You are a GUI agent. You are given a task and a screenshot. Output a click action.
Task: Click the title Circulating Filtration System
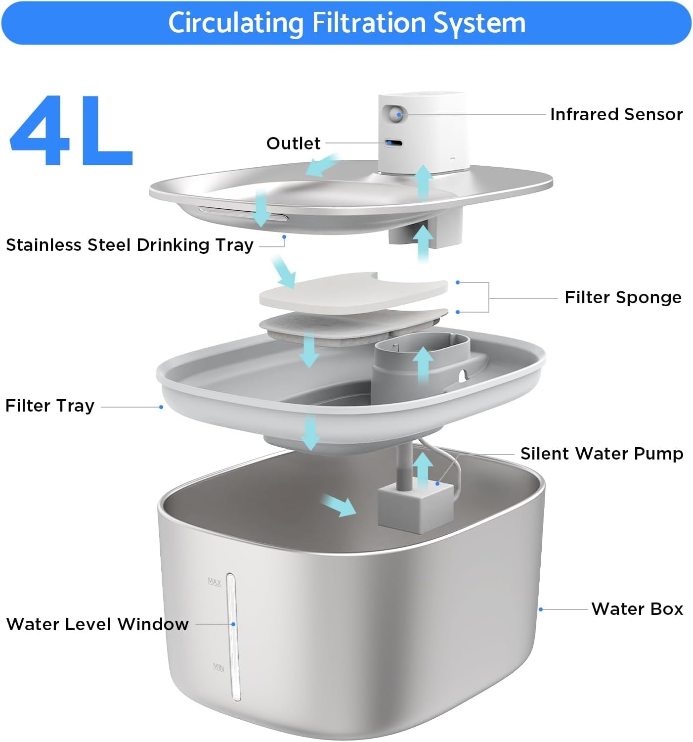click(x=346, y=23)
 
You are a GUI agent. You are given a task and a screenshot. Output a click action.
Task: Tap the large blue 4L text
click(x=72, y=131)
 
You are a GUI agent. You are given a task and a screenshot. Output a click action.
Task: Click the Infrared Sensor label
click(x=616, y=114)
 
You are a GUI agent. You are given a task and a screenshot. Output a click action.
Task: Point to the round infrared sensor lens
click(x=396, y=115)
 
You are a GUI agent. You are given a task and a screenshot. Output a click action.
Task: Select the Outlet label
click(x=293, y=143)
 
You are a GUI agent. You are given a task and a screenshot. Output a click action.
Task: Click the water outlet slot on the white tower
click(x=394, y=143)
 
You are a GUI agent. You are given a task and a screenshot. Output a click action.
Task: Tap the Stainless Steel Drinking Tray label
click(x=130, y=245)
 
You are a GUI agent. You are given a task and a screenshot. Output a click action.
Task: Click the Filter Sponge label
click(x=623, y=297)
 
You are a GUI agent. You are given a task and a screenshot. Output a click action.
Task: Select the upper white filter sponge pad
click(x=353, y=293)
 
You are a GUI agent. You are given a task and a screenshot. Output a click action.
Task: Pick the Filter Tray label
click(x=50, y=406)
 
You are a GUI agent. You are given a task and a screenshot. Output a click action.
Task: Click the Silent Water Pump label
click(x=602, y=454)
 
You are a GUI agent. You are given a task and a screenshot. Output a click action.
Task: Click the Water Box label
click(x=637, y=608)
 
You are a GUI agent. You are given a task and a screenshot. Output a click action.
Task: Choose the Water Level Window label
click(x=97, y=624)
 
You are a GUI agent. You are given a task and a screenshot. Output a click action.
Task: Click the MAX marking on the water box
click(x=215, y=582)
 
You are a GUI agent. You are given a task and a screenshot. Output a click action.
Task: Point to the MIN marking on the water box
click(x=218, y=667)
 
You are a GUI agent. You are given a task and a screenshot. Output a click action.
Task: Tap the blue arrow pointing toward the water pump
click(x=338, y=506)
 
